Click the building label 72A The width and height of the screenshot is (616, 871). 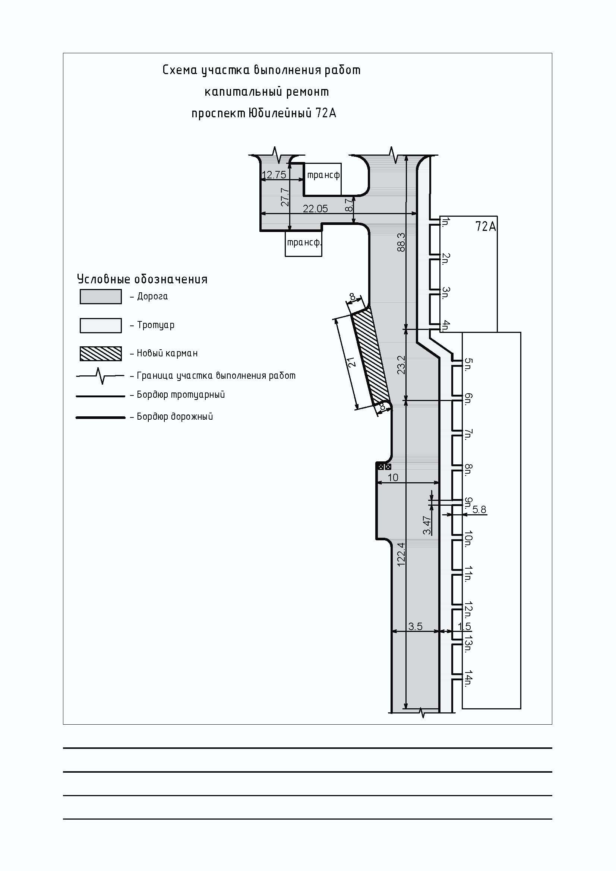click(486, 226)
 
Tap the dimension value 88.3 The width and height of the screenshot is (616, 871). click(401, 242)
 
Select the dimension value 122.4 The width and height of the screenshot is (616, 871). click(401, 554)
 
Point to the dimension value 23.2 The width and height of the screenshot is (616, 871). click(401, 365)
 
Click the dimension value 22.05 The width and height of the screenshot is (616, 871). click(315, 208)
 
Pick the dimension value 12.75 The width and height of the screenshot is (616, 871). click(274, 175)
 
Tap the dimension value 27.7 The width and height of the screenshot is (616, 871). click(285, 197)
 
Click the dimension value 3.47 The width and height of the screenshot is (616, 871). click(427, 525)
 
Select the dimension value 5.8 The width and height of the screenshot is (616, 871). click(479, 509)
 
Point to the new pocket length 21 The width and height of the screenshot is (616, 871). click(352, 362)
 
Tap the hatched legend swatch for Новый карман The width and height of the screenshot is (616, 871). click(101, 353)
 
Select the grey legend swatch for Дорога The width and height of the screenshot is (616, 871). click(101, 297)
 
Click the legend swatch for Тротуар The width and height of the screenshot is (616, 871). click(101, 325)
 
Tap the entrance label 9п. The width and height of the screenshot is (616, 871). click(468, 503)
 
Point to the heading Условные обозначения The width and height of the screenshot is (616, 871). click(142, 279)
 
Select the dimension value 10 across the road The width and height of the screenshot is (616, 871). click(393, 477)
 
